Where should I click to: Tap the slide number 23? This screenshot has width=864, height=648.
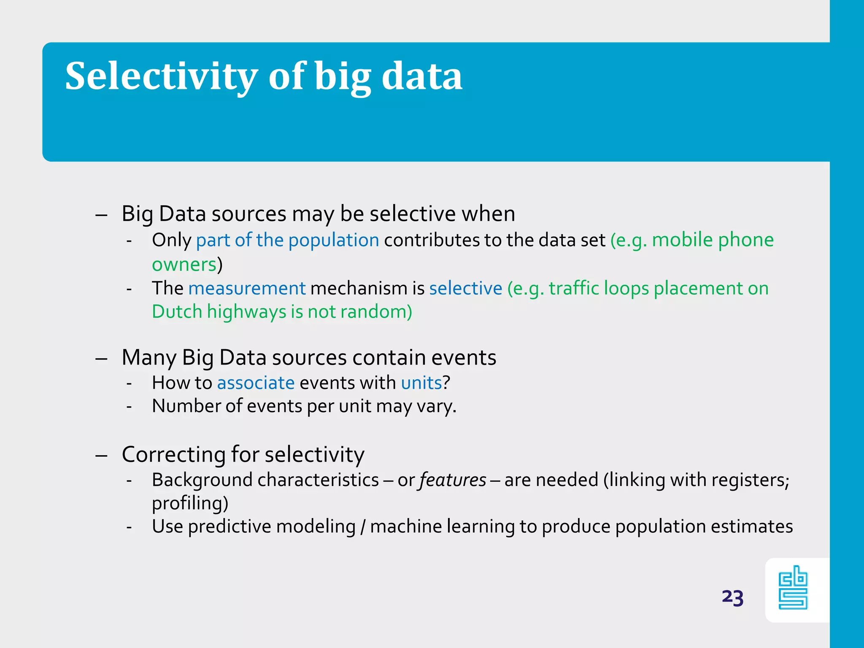pos(732,597)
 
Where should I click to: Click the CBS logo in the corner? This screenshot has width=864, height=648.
pos(793,588)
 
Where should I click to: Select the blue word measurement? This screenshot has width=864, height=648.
pos(247,289)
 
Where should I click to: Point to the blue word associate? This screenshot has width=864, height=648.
pos(256,383)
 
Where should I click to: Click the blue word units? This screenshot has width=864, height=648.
pos(421,383)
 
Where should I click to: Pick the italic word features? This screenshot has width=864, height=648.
pos(453,481)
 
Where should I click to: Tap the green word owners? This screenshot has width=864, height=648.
pos(184,265)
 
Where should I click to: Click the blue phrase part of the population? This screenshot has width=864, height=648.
pos(288,240)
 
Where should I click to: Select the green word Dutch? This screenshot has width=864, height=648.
pos(177,312)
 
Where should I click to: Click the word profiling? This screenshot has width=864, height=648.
pos(189,504)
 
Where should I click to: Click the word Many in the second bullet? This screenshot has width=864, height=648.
pos(148,358)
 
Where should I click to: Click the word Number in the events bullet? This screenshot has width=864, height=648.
pos(186,406)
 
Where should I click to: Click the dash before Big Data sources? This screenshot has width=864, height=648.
pos(101,215)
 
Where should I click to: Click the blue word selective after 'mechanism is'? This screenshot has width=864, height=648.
pos(466,289)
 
